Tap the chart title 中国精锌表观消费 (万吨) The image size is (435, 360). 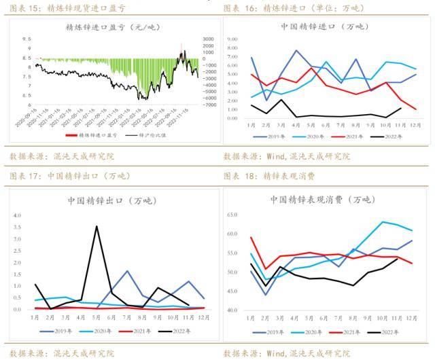tap(322, 200)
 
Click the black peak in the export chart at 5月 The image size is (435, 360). tap(97, 227)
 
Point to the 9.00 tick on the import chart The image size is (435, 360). tap(231, 39)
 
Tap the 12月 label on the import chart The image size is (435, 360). tap(415, 125)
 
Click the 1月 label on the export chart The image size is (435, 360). tap(35, 317)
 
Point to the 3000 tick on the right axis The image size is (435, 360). tap(208, 39)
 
